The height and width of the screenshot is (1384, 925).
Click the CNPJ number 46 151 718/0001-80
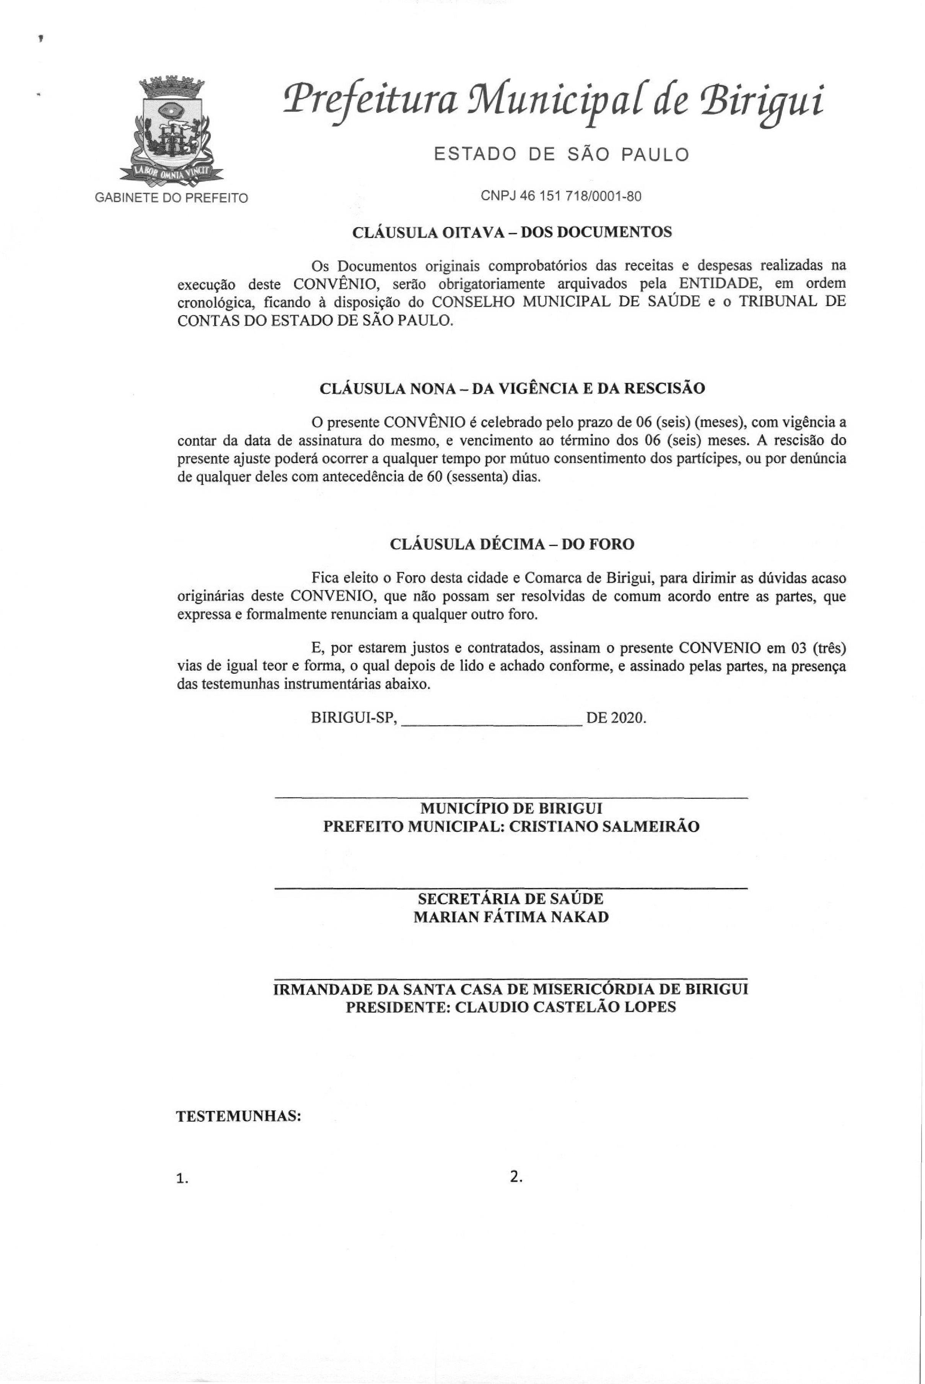click(560, 197)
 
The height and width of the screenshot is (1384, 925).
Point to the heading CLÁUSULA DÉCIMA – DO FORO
click(511, 544)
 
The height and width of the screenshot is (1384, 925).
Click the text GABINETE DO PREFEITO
click(171, 198)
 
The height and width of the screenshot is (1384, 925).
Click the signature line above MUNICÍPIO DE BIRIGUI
click(511, 799)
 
